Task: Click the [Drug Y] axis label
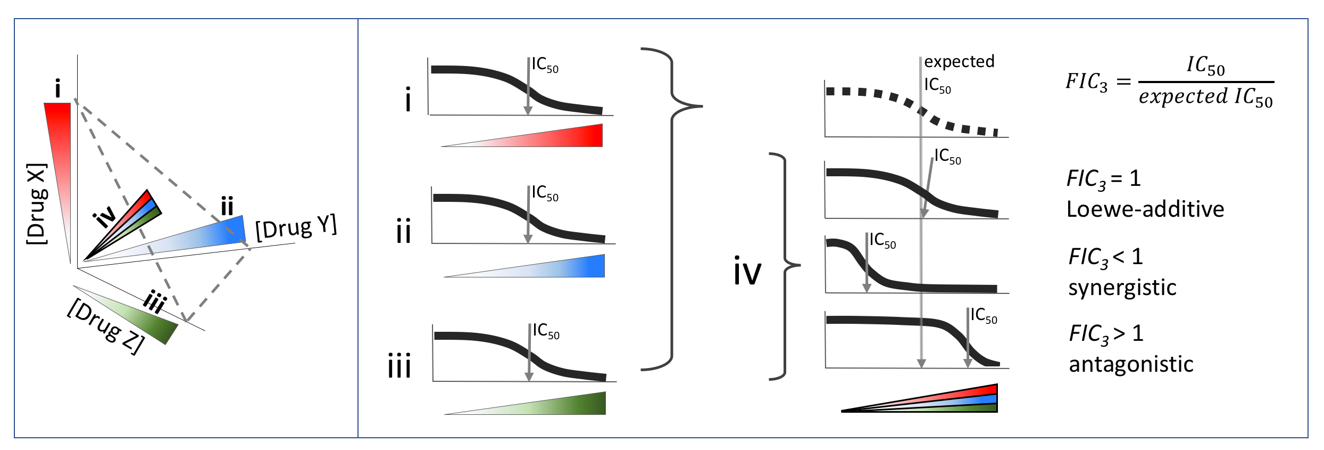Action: click(296, 227)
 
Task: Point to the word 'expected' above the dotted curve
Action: click(959, 62)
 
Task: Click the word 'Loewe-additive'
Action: click(1145, 209)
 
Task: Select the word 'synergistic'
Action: click(1122, 288)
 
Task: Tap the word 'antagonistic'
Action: click(1131, 365)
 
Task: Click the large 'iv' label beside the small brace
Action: click(747, 271)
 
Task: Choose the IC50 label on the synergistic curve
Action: click(882, 241)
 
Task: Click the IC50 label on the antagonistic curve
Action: click(984, 316)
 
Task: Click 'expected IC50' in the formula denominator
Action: click(1205, 97)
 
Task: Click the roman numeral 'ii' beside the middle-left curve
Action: click(403, 233)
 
